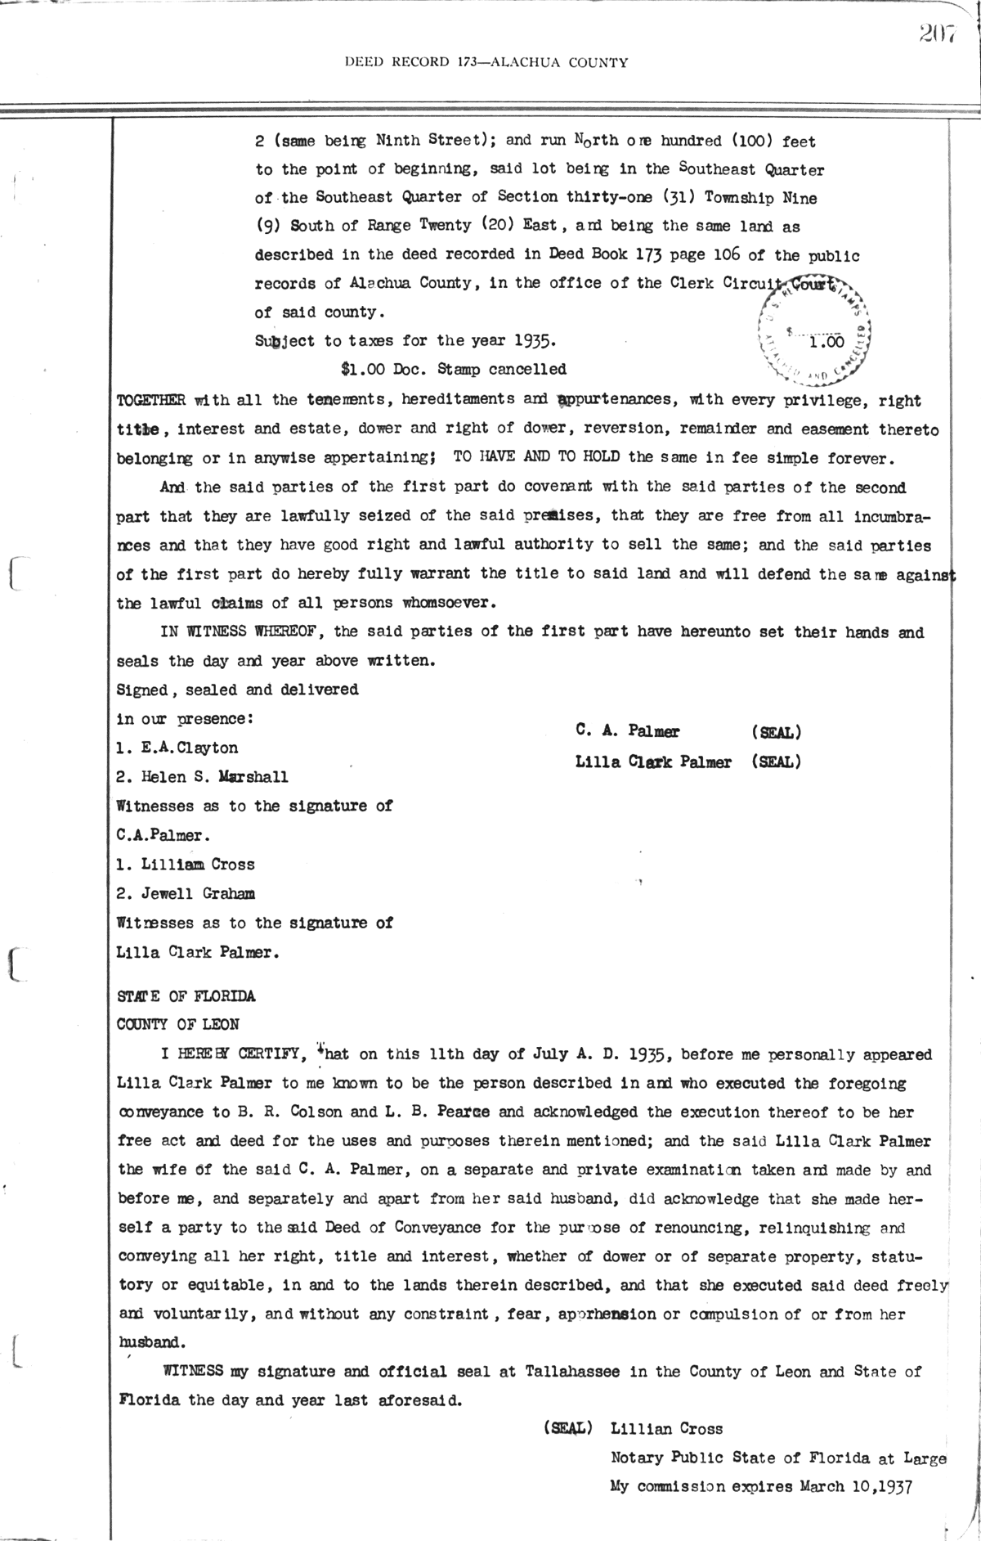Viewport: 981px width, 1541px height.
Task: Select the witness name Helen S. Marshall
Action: pos(202,776)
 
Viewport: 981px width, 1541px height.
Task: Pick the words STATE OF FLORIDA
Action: pos(186,996)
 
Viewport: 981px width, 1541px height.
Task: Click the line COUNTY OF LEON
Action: pos(178,1024)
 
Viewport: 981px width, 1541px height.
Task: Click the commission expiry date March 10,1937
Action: pos(854,1486)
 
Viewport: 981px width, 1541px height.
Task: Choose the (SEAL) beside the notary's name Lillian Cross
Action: pos(567,1428)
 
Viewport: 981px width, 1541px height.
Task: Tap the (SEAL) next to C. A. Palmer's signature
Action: pos(775,732)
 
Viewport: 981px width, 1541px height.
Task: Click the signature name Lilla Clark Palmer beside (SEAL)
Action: pos(653,762)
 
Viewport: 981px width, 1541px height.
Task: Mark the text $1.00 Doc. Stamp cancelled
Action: pos(454,370)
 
